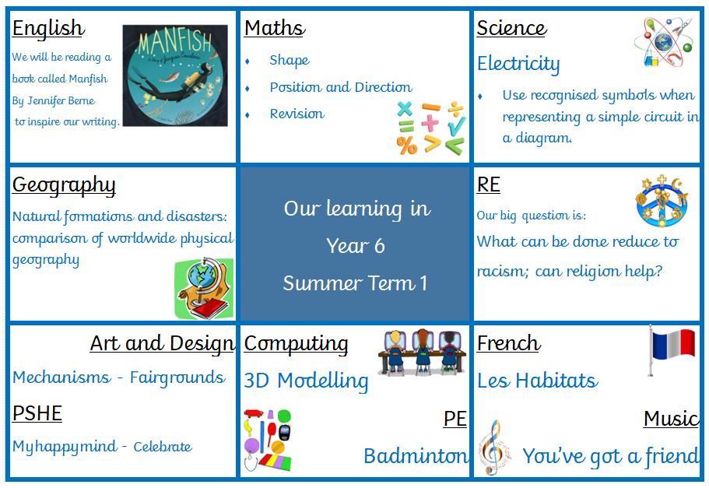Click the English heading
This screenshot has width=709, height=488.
pos(48,29)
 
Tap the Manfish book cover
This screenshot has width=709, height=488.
pos(175,75)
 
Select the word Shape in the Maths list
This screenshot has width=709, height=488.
pos(290,60)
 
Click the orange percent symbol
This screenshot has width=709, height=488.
pos(407,146)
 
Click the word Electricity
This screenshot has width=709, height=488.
pos(518,64)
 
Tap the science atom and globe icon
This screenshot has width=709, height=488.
pos(664,41)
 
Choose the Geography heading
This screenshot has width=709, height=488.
pos(64,185)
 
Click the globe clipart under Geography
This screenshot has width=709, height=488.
pos(204,289)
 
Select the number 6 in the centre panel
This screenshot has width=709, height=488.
pos(379,247)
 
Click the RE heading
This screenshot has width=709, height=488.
pos(488,185)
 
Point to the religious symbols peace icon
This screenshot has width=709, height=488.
pos(662,201)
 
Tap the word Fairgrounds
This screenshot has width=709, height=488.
pos(177,377)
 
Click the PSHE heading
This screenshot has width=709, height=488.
pos(37,413)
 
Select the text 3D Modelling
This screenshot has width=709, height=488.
pos(306,381)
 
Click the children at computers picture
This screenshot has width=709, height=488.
pos(422,352)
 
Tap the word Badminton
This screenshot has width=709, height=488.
pos(416,456)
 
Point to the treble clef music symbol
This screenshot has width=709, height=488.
pos(494,447)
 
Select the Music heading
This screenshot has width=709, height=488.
pos(671,419)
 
